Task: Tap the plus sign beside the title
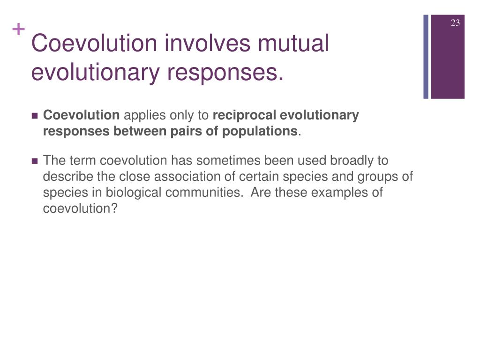coord(18,30)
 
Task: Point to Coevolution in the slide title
coord(92,44)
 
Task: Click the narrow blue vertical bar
coord(426,56)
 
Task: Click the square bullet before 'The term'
coord(35,161)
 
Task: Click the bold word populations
coord(260,131)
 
